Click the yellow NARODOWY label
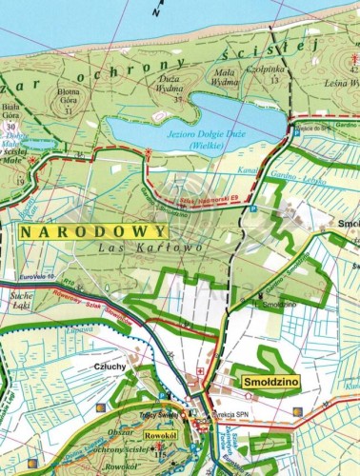pyautogui.click(x=93, y=230)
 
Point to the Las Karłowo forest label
pyautogui.click(x=138, y=248)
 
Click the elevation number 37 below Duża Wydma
pyautogui.click(x=177, y=99)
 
